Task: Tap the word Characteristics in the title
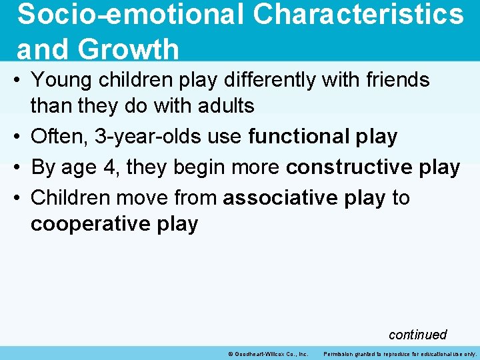[x=359, y=15]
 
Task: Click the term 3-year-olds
[x=151, y=137]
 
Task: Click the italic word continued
[x=417, y=334]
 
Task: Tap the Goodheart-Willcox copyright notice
[x=267, y=353]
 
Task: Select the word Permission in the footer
[x=340, y=353]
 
